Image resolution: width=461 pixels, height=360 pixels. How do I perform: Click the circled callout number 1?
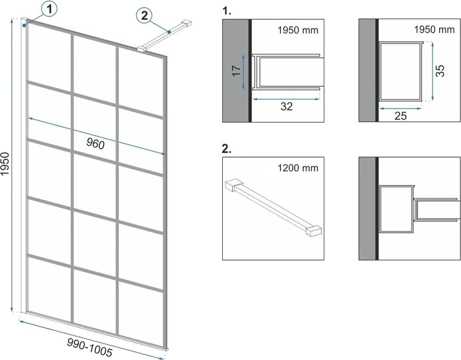coord(49,9)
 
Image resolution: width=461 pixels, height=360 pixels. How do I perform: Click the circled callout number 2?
coord(144,15)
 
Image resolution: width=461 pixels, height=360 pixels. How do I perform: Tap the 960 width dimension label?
coord(95,144)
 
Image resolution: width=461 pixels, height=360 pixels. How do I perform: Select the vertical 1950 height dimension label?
coord(5,164)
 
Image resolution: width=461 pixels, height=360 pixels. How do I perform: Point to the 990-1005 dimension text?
coord(90,347)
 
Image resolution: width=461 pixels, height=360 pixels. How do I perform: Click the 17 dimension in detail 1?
coord(237,71)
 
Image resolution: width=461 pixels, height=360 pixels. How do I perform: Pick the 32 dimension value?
coord(286,106)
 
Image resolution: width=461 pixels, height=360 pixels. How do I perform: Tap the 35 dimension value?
coord(440,71)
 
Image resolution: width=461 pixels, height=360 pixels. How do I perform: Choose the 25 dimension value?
coord(401,116)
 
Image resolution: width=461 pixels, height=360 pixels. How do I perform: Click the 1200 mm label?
coord(298,168)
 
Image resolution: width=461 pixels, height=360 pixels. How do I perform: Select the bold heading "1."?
coord(227,11)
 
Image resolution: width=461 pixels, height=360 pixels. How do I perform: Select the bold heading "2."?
coord(227,149)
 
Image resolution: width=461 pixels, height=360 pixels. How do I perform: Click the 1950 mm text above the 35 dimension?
coord(434,30)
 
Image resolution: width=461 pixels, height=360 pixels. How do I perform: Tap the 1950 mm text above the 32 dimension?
coord(298,30)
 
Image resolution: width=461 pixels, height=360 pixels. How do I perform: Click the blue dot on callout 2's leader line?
coord(169,32)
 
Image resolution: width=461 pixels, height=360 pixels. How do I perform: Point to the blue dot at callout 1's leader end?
coord(24,26)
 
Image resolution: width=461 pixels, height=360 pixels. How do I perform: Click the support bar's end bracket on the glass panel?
coord(142,49)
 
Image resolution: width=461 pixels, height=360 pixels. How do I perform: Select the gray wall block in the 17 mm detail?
coord(235,71)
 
